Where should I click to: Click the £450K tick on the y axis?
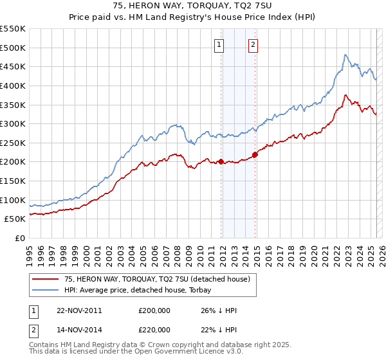click(13, 66)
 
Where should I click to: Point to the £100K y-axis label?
click(13, 200)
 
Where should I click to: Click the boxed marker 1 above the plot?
click(220, 44)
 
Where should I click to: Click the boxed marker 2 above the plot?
click(253, 44)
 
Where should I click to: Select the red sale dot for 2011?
click(221, 162)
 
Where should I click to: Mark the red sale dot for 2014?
click(255, 154)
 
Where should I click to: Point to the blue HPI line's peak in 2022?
click(345, 55)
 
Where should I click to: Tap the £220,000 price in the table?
click(154, 330)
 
